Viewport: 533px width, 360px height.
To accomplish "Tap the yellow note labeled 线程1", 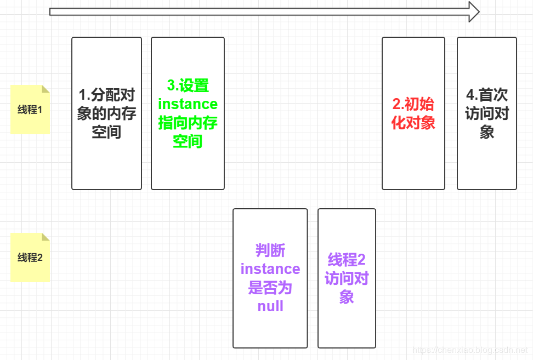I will (30, 110).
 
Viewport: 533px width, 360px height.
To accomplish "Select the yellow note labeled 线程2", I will (30, 258).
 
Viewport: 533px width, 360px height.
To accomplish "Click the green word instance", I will (188, 104).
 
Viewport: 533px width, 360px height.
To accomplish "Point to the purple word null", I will (270, 306).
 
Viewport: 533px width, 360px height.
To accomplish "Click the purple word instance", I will (270, 269).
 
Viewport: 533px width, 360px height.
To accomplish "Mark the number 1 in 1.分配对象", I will (82, 95).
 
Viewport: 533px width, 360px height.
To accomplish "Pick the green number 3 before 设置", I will (171, 86).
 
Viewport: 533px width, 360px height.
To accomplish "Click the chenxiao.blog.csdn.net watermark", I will (469, 350).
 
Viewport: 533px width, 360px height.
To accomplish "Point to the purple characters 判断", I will (270, 250).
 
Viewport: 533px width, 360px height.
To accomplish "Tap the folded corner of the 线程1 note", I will (46, 89).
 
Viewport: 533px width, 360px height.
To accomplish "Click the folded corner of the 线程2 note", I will (46, 237).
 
